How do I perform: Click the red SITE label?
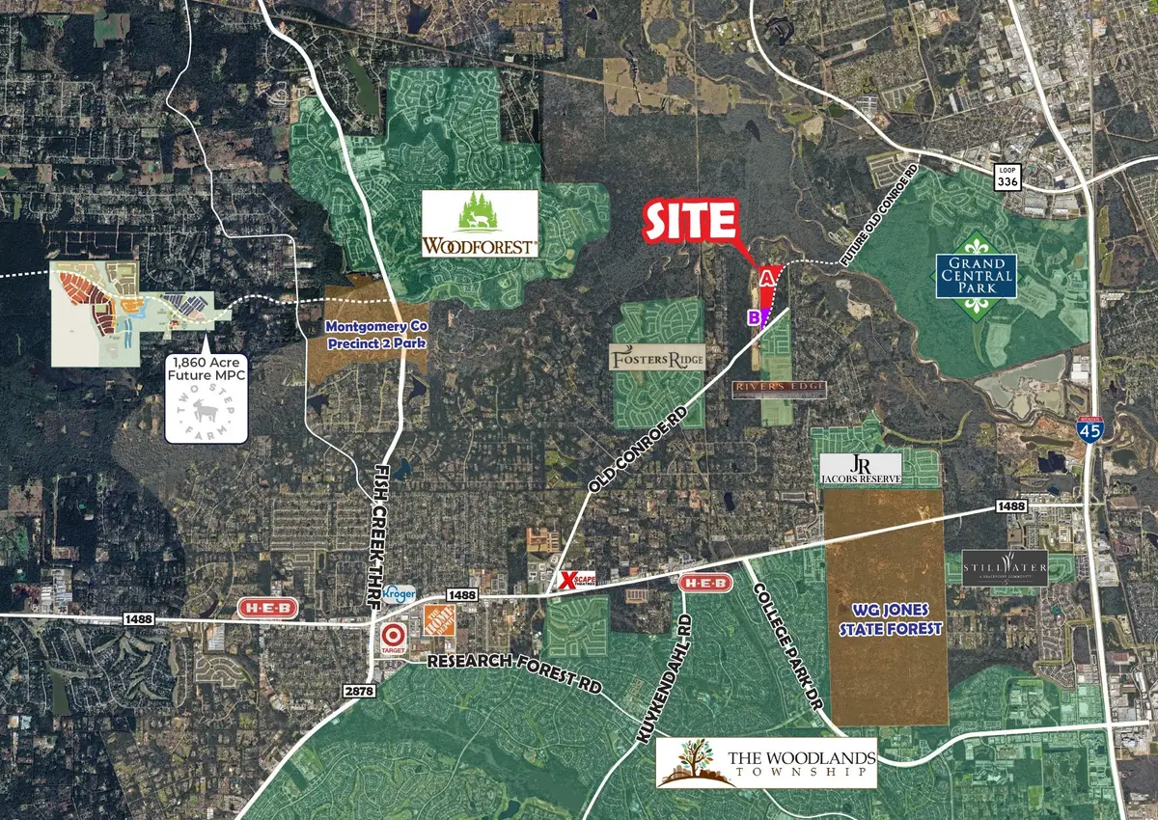(x=690, y=221)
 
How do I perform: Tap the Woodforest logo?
(x=479, y=225)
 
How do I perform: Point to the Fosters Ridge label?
(x=657, y=359)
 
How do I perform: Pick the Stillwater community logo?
(x=1005, y=567)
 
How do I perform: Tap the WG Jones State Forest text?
(x=885, y=618)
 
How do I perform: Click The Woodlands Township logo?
(x=767, y=762)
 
